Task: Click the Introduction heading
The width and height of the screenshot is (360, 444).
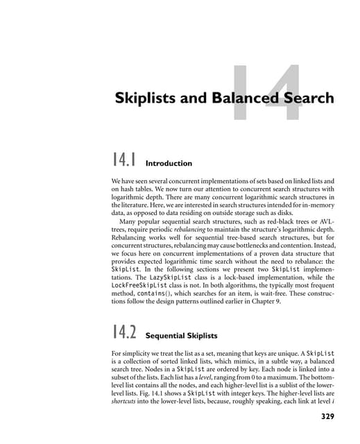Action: [x=169, y=164]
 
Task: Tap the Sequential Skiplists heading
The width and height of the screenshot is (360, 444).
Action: [x=185, y=335]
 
